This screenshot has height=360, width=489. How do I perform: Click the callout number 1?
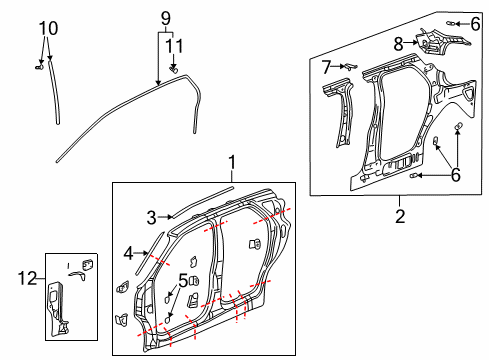232,160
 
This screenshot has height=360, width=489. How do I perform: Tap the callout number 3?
152,216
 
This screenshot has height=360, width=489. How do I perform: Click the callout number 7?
327,67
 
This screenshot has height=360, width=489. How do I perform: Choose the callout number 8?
398,43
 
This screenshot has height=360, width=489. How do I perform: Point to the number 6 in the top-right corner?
474,23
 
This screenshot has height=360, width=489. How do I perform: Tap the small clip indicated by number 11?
175,69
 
